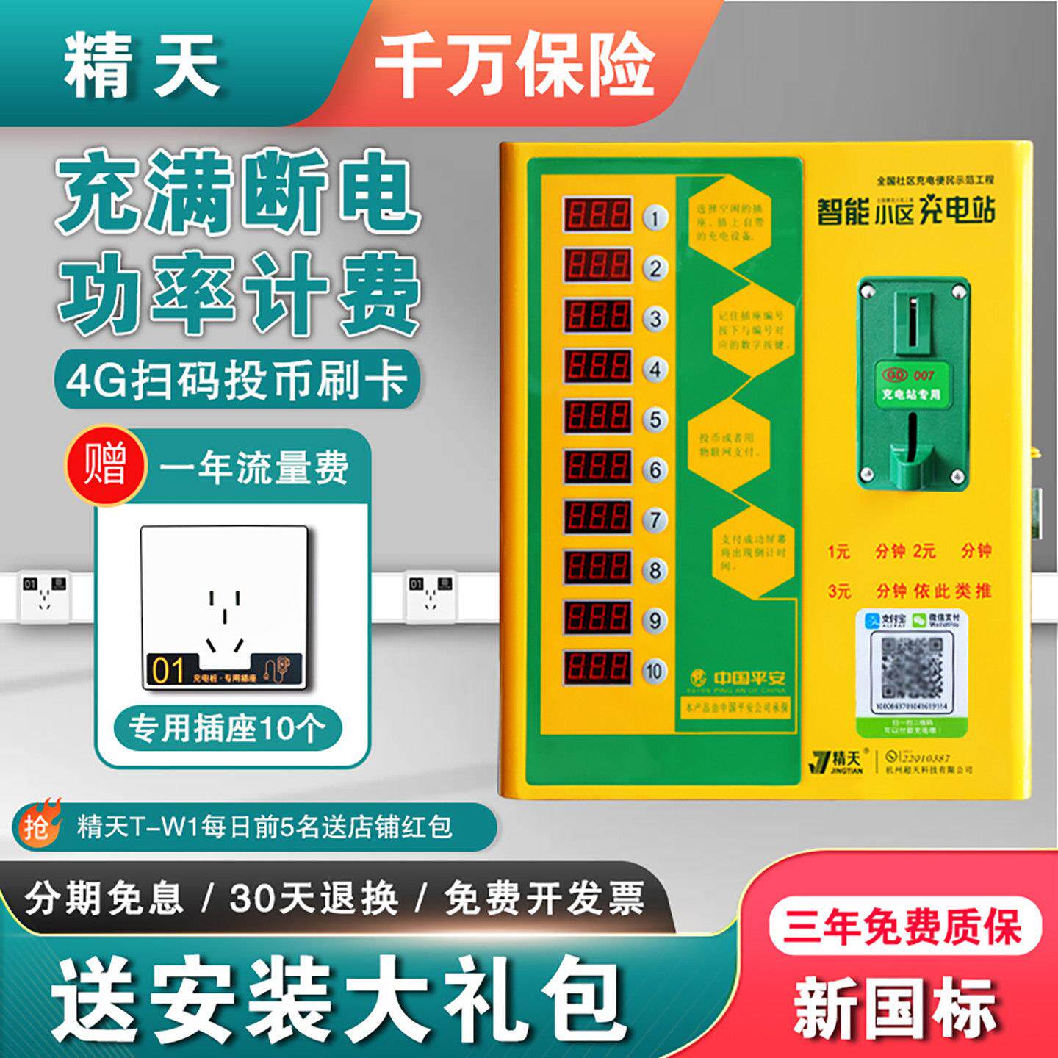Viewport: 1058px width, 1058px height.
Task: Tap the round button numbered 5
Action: pos(655,420)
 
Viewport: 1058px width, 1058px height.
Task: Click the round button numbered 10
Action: pos(654,671)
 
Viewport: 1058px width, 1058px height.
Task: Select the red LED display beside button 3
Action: pos(597,316)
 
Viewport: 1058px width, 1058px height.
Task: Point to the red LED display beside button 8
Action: pos(597,568)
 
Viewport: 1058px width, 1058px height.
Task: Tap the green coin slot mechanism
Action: pos(912,382)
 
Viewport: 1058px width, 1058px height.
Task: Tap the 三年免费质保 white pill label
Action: pos(904,926)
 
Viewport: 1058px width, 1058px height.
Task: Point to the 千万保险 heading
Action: pos(514,65)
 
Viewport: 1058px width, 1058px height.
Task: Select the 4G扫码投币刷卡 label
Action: pos(237,381)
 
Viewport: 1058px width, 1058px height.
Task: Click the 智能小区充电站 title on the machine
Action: pos(906,211)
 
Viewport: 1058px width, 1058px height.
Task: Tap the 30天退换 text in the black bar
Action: pos(314,897)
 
